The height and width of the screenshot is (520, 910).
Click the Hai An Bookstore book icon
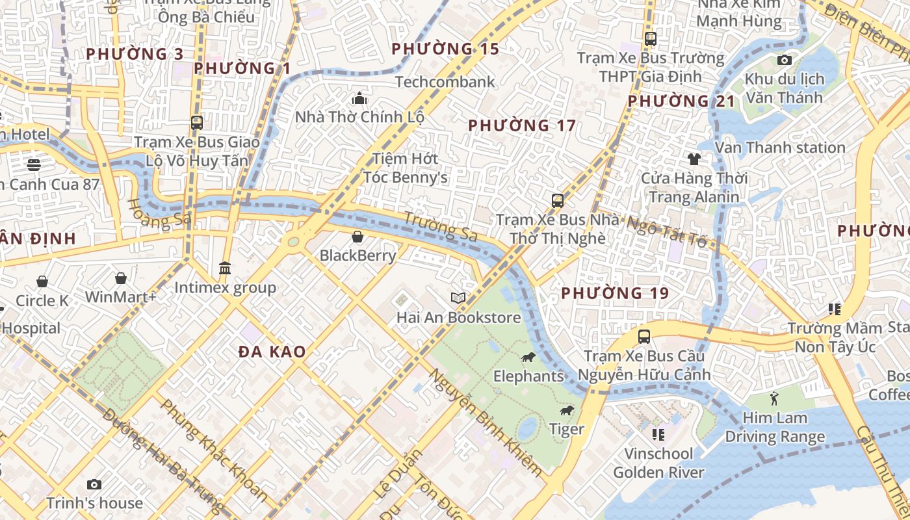(x=458, y=298)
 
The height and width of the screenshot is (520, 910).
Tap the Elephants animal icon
(x=528, y=357)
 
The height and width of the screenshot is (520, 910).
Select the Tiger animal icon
(x=567, y=410)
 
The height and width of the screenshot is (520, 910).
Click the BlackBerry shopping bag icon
(x=357, y=237)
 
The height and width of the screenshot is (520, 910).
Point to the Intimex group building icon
(x=225, y=268)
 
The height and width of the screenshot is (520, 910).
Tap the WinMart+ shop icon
(x=121, y=279)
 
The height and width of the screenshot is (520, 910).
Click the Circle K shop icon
(x=42, y=281)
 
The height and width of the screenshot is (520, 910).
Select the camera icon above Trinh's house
(x=94, y=484)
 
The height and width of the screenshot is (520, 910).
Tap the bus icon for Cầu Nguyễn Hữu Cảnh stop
(x=643, y=337)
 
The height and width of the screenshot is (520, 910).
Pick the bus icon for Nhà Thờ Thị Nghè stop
(x=557, y=200)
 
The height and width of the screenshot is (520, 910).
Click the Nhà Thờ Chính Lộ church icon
(x=359, y=99)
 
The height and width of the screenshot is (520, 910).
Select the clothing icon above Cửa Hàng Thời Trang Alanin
(x=694, y=159)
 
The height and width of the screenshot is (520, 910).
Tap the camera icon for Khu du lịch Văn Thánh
(x=785, y=60)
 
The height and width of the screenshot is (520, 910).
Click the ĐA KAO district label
(x=272, y=352)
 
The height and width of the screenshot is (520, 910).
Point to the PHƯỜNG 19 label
(x=615, y=293)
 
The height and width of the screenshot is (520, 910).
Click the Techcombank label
(x=445, y=82)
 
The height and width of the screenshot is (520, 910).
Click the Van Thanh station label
(x=780, y=148)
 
